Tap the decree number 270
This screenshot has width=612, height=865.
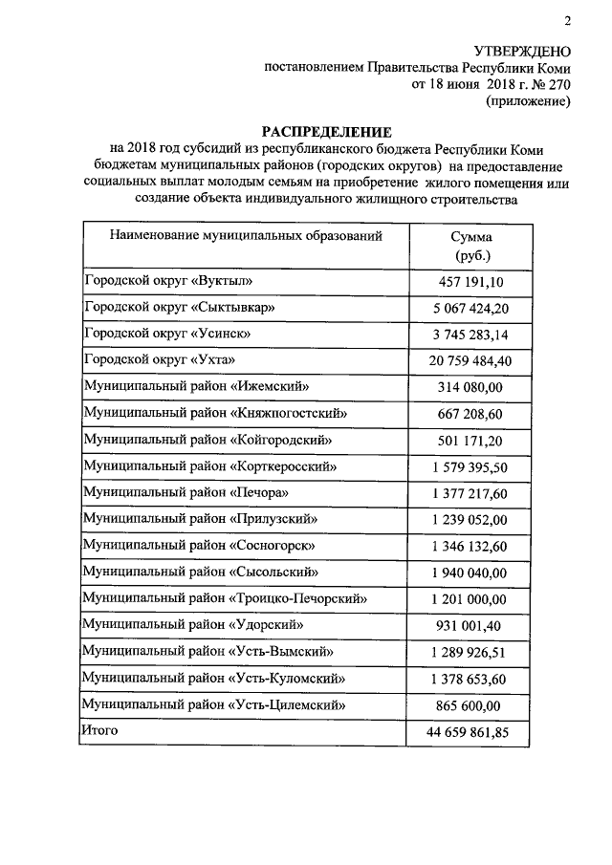coord(558,84)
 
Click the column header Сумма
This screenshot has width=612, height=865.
coord(469,237)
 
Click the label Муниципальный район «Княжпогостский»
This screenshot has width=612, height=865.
coord(214,413)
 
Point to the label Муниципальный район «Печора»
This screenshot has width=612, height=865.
coord(186,492)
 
